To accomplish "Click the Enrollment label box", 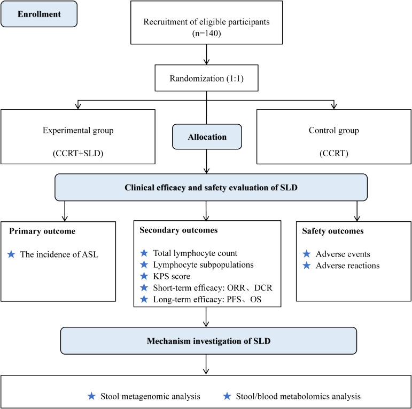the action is tap(39, 14).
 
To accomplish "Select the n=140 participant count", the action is tap(206, 33).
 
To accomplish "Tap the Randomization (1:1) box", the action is tap(206, 78).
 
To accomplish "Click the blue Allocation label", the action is tap(207, 137).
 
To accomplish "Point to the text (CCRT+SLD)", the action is tap(78, 153).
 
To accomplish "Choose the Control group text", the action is tap(333, 130).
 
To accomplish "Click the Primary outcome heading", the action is tap(42, 231).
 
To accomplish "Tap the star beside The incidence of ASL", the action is tap(11, 254).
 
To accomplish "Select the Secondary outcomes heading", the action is tap(178, 230).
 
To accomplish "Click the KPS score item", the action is tap(172, 276).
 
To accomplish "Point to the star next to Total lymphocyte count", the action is tap(144, 253).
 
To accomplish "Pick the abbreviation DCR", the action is tap(263, 287).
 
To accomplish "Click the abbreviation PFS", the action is tap(234, 299).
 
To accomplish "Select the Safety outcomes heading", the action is tap(333, 231).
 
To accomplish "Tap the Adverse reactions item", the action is tap(348, 266).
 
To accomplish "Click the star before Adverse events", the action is tap(307, 254).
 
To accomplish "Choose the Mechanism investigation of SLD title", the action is tap(208, 341).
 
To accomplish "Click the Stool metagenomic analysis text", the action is tap(150, 396).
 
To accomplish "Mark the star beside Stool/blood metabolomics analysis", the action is tap(227, 396).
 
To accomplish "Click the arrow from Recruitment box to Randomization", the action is tap(206, 54).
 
